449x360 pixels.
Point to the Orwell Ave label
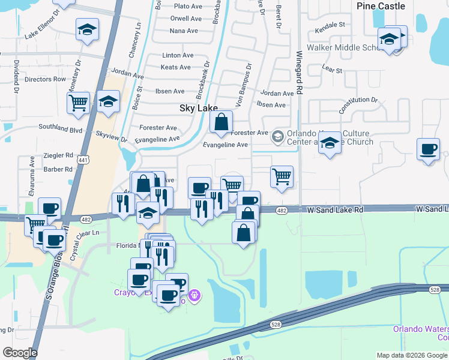tap(185, 19)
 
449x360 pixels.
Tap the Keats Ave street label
tap(176, 67)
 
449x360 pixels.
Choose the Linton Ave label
tap(178, 55)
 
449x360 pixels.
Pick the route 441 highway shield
tap(83, 159)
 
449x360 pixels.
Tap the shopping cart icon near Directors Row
tap(78, 103)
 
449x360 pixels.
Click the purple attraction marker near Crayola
tap(194, 295)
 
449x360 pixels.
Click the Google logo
tap(20, 353)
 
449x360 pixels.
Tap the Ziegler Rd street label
tap(58, 155)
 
